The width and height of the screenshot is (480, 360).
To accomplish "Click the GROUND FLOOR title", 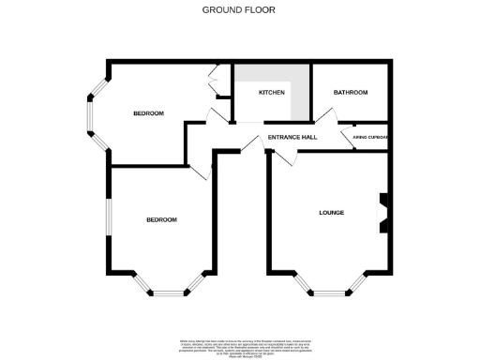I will click(x=239, y=10).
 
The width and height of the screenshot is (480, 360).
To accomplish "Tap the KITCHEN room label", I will click(x=272, y=93).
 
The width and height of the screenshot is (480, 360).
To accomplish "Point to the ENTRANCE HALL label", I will click(x=292, y=138).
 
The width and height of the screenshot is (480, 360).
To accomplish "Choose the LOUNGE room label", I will click(x=331, y=213).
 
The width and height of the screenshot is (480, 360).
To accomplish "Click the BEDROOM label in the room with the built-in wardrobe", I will click(x=148, y=113).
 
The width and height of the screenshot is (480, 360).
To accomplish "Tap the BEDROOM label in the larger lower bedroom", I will click(x=161, y=219).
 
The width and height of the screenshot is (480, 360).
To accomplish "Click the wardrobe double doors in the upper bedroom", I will click(x=215, y=82).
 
